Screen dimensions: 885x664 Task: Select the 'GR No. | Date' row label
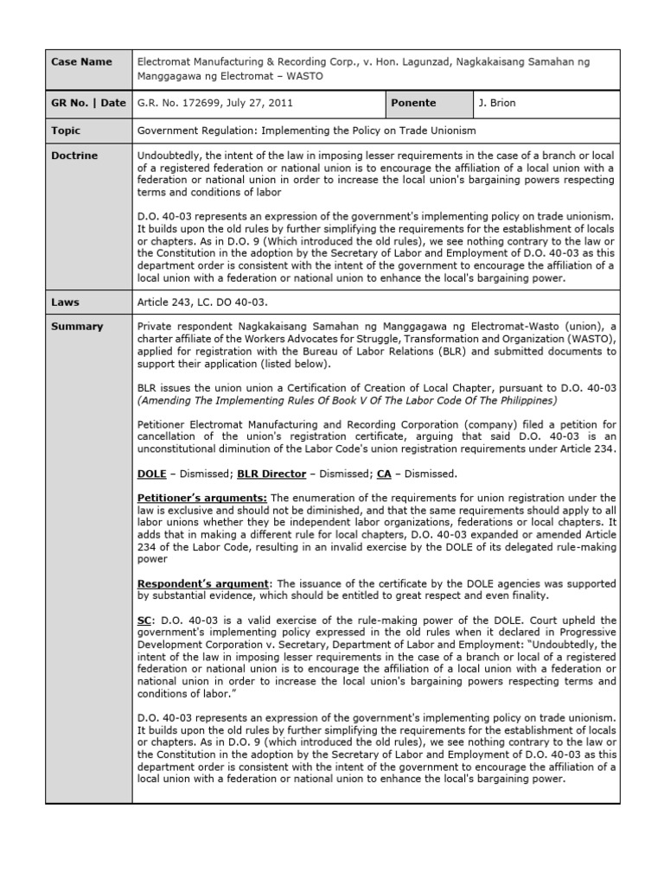[88, 103]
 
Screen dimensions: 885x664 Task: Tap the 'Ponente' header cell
[413, 103]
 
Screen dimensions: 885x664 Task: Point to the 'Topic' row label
[66, 131]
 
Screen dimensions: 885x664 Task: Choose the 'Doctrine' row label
[74, 156]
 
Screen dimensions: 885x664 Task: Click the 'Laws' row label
[65, 302]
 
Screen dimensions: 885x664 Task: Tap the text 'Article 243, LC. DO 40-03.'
[203, 302]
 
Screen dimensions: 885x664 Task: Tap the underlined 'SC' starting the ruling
[144, 621]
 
